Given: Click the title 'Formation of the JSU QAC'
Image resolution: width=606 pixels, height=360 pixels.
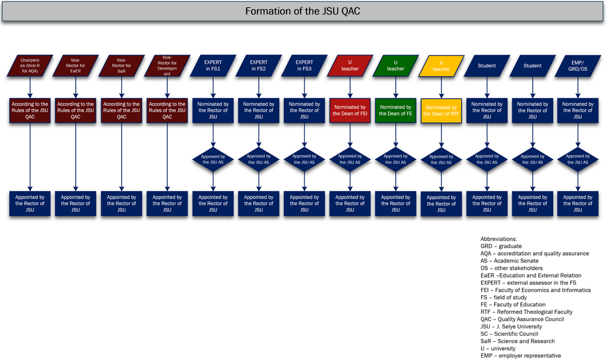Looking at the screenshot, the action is tap(302, 11).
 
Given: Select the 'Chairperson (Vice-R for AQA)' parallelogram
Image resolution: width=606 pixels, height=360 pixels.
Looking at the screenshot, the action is tap(30, 65).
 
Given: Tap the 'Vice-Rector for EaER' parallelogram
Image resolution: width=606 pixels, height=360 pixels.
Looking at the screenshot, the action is tap(75, 65).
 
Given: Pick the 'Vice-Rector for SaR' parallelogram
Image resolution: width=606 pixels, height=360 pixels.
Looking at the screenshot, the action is tap(121, 65).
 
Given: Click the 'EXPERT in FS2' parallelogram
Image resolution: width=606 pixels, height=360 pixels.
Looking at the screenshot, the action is tap(259, 65).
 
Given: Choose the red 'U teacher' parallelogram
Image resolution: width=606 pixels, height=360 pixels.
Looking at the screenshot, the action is tap(350, 65).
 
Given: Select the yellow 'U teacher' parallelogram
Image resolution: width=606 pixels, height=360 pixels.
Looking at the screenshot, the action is tap(441, 66).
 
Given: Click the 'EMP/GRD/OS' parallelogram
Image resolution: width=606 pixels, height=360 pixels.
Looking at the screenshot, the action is tap(578, 65).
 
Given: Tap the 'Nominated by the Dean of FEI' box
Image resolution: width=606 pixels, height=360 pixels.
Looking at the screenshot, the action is tap(350, 110).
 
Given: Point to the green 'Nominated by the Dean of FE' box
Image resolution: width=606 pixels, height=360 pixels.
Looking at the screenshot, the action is tap(395, 110).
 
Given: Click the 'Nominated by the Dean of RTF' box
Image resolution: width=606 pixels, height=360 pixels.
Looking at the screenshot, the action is tap(441, 111).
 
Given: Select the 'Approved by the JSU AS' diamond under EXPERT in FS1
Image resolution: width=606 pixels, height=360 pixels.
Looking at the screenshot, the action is tap(213, 160).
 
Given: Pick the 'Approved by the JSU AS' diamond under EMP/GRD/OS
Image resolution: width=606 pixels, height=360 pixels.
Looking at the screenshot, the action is tap(578, 160).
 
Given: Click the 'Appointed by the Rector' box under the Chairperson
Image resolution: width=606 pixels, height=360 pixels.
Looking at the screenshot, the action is tap(30, 204).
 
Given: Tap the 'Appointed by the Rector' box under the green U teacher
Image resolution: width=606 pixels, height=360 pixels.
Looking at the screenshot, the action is tap(395, 204).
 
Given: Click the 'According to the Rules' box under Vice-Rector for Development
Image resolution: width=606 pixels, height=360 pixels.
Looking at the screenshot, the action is tap(167, 110).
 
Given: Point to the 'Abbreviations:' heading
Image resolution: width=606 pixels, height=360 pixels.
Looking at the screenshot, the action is tap(499, 239).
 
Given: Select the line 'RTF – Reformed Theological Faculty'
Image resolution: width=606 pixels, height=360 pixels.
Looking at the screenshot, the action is tap(527, 312).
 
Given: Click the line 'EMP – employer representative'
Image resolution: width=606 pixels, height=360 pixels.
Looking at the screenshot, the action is tap(521, 356).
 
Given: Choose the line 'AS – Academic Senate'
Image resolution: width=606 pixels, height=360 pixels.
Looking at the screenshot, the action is tap(510, 261).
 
